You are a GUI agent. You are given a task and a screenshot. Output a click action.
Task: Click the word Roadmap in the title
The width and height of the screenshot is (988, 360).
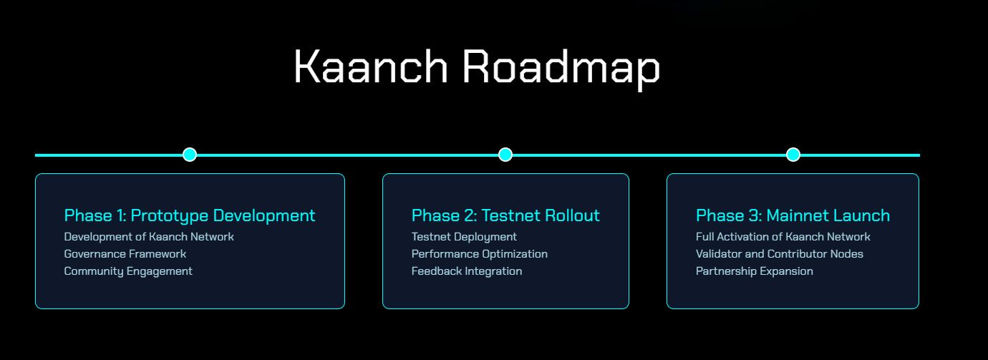tap(561, 69)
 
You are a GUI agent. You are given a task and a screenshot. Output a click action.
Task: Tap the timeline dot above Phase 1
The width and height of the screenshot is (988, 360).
tap(190, 155)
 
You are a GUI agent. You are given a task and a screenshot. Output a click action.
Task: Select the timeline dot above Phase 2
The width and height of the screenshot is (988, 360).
tap(505, 155)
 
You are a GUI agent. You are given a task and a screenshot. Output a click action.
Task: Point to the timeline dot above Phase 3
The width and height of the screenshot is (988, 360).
tap(793, 155)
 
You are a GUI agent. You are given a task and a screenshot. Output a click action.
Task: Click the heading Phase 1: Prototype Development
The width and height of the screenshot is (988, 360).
tap(190, 215)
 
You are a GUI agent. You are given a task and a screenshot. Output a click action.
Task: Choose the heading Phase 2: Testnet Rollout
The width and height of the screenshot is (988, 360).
tap(505, 215)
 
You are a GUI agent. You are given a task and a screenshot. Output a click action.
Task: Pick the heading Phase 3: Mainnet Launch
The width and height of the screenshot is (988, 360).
tap(793, 215)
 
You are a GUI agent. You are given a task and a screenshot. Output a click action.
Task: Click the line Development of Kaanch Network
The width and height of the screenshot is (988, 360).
tap(149, 237)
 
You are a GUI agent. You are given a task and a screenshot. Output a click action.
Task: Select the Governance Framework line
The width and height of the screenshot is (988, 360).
tap(125, 254)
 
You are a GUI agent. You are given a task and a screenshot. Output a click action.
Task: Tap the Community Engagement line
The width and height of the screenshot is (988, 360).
tap(128, 272)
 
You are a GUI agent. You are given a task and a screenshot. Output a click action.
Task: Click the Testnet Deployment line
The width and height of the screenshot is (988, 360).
tap(464, 238)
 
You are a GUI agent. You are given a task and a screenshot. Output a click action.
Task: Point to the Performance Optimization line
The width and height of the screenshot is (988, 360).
tap(480, 255)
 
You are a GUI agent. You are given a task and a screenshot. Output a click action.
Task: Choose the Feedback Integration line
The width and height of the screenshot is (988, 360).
tap(467, 272)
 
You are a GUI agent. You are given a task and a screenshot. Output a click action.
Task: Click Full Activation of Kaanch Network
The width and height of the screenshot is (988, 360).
tap(783, 237)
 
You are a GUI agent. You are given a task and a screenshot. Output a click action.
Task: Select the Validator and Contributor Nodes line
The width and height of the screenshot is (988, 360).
tap(780, 254)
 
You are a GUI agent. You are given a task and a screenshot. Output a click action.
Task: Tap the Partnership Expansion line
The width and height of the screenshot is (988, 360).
tap(754, 272)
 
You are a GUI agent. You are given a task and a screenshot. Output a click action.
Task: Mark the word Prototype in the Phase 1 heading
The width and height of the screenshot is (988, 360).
tap(170, 216)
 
